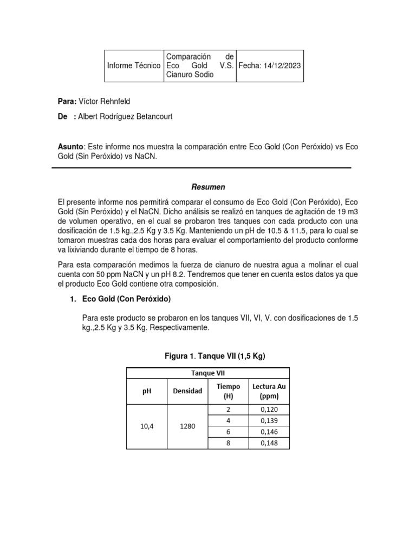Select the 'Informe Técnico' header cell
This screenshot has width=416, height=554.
pyautogui.click(x=134, y=65)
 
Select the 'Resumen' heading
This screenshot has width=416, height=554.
pyautogui.click(x=207, y=187)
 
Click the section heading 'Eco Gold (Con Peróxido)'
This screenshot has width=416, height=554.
pyautogui.click(x=126, y=298)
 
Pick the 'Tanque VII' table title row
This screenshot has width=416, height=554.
pyautogui.click(x=207, y=373)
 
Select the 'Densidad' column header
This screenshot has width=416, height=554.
pyautogui.click(x=187, y=391)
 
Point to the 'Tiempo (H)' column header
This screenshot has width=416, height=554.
pyautogui.click(x=228, y=391)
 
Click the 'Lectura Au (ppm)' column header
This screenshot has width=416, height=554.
pyautogui.click(x=268, y=391)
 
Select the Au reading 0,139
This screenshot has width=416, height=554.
pyautogui.click(x=268, y=420)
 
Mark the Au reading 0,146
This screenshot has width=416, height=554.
pyautogui.click(x=268, y=432)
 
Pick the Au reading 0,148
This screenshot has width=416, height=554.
pyautogui.click(x=268, y=444)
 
